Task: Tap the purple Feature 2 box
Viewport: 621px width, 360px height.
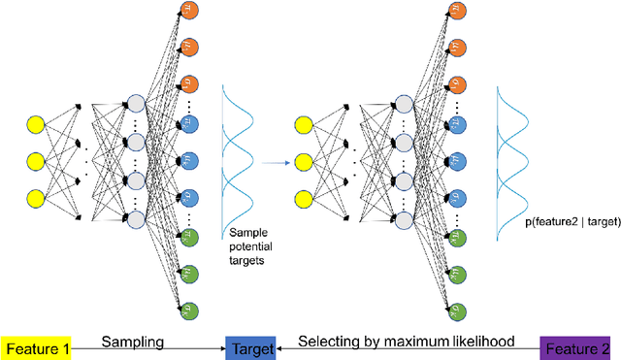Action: coord(580,346)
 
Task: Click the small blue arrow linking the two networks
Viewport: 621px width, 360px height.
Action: coord(277,162)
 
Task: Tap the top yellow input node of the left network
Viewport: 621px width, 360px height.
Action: coord(37,123)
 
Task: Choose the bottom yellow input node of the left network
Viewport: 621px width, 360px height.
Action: coord(37,196)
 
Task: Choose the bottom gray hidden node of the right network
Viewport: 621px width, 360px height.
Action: coord(406,219)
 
